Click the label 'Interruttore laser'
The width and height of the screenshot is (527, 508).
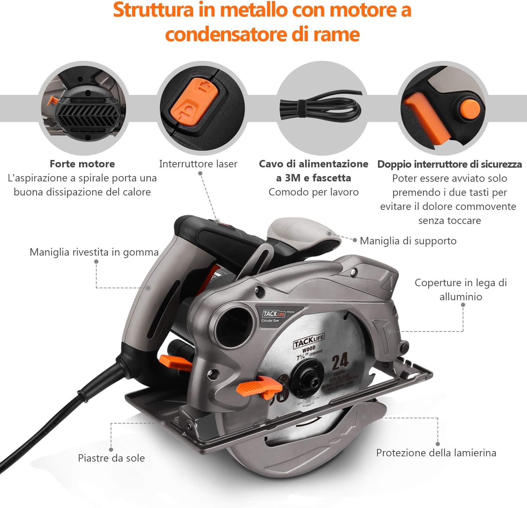[198, 164]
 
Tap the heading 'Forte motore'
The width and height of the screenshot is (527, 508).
[82, 164]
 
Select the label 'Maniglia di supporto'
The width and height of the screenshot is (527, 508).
[408, 241]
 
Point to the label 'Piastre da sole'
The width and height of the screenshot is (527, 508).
[111, 458]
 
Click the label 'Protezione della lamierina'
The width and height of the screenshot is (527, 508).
[436, 453]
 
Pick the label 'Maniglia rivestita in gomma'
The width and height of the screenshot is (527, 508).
[94, 252]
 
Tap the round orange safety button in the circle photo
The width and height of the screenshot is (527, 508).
[471, 108]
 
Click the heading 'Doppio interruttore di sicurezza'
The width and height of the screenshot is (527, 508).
[449, 164]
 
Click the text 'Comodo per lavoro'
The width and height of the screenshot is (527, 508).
[313, 192]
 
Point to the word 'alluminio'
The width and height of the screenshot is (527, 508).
[461, 297]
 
